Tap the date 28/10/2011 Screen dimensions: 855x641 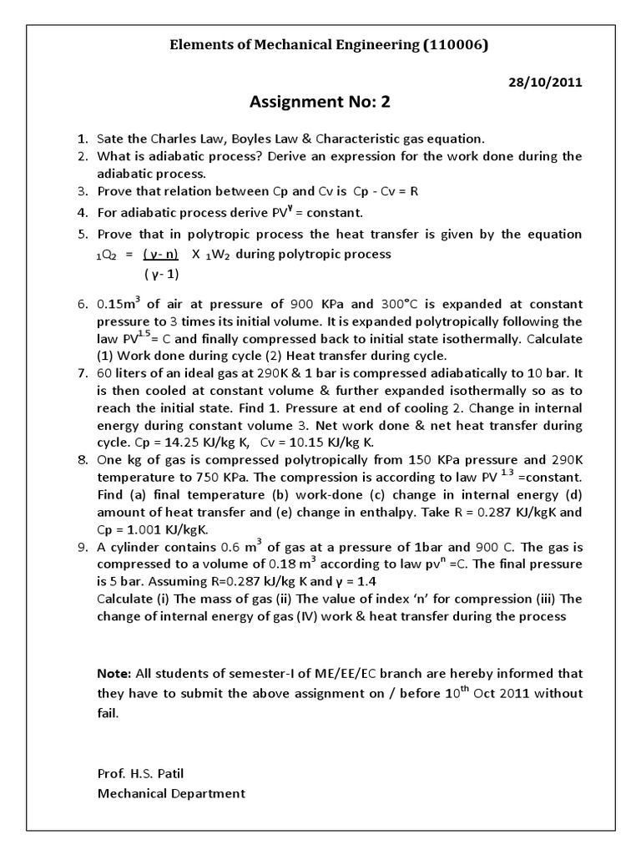pyautogui.click(x=545, y=82)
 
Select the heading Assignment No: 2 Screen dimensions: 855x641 pyautogui.click(x=320, y=103)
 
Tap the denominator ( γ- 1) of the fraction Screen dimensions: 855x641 pyautogui.click(x=161, y=274)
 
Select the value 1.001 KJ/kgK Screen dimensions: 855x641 pyautogui.click(x=164, y=530)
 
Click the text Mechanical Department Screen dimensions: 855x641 pyautogui.click(x=171, y=794)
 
